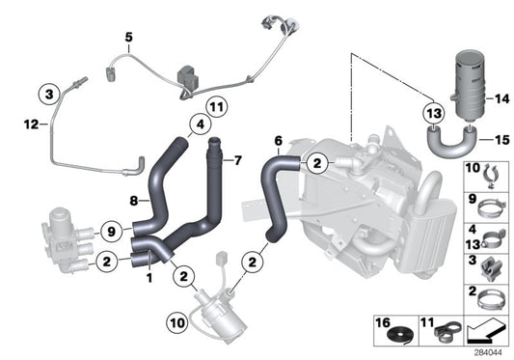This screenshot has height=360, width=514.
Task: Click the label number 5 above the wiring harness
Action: [127, 38]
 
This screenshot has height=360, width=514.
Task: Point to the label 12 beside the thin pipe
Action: [30, 124]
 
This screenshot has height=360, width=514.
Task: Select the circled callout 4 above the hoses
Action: [198, 124]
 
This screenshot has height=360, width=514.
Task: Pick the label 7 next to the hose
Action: [239, 160]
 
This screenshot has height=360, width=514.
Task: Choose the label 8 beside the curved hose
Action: [137, 201]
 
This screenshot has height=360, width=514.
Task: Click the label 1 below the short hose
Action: [149, 277]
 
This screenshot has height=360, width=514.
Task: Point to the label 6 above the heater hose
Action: [278, 141]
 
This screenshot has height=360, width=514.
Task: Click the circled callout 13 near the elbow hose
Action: [433, 115]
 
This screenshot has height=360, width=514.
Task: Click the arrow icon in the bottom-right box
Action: [482, 333]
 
